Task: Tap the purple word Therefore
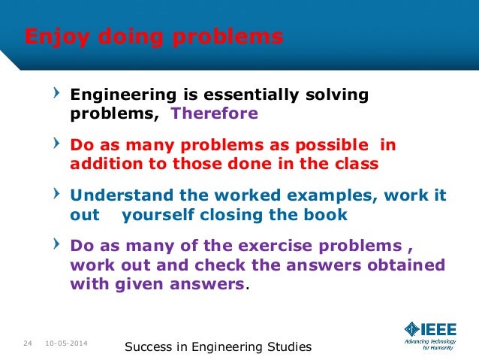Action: [215, 114]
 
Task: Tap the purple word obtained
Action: [406, 265]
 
